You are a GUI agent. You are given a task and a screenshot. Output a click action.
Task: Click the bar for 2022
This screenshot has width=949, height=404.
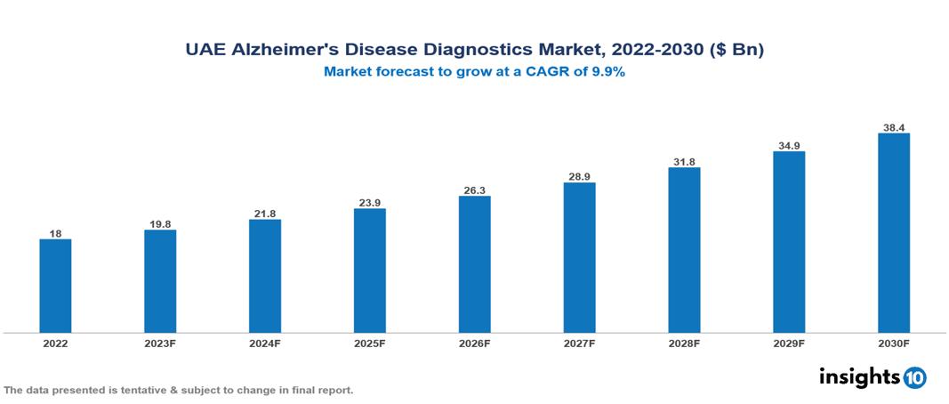click(55, 286)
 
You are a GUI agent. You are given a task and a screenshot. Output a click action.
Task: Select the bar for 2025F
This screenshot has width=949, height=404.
click(369, 271)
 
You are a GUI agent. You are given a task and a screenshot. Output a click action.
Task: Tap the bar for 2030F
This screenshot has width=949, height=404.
click(893, 233)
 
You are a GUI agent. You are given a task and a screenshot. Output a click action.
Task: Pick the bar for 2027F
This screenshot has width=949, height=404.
click(579, 257)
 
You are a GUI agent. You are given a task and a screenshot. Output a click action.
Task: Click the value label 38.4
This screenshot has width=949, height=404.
click(893, 127)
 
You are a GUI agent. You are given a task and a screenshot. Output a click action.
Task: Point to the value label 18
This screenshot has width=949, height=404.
click(55, 233)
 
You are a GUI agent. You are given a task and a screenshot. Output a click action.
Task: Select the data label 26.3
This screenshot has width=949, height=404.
click(474, 190)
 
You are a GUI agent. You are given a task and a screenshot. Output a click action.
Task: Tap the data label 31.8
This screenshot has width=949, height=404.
click(684, 161)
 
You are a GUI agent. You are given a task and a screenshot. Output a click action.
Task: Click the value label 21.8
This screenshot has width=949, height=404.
click(265, 213)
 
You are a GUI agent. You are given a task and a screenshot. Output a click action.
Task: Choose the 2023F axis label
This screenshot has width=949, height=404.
click(160, 343)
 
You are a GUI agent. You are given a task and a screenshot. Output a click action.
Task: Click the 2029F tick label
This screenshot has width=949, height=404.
click(789, 343)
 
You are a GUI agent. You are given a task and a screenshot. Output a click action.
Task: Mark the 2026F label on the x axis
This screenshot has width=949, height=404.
click(474, 343)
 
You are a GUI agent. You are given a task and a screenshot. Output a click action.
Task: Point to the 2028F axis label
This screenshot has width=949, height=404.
click(684, 343)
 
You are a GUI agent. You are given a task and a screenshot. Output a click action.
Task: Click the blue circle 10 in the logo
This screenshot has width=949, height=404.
click(914, 377)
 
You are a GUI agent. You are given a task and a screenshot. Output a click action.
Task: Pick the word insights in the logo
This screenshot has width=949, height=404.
click(858, 376)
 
